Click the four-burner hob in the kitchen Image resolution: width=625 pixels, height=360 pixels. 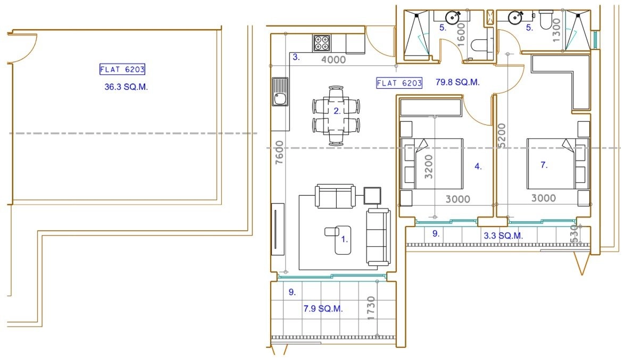click(x=321, y=43)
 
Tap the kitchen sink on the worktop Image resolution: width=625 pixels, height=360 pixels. click(x=280, y=91)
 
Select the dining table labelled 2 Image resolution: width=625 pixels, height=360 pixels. click(x=336, y=115)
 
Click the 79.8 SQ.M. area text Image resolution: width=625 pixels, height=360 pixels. click(x=457, y=82)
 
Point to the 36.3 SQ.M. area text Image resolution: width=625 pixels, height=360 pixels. click(x=126, y=87)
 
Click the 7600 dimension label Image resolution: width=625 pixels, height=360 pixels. click(x=279, y=152)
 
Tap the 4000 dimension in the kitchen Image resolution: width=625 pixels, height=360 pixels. click(x=333, y=60)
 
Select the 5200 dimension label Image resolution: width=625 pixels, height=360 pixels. click(x=501, y=136)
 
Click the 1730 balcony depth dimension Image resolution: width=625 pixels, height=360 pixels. click(x=371, y=308)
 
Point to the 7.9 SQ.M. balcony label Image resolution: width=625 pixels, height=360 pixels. click(x=323, y=308)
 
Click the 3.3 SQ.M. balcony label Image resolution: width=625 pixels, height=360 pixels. click(x=503, y=236)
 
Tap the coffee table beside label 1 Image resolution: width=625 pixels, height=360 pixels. click(x=343, y=240)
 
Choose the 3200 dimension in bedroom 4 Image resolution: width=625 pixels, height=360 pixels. click(x=429, y=166)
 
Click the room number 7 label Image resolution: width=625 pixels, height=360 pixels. click(x=544, y=165)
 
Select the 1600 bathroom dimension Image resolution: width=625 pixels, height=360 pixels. click(x=461, y=35)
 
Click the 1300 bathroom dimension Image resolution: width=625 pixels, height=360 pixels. click(x=556, y=30)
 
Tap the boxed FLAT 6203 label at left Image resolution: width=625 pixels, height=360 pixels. click(x=122, y=69)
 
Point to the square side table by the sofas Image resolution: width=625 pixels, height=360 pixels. click(x=372, y=196)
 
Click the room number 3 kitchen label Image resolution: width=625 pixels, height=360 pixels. click(x=296, y=57)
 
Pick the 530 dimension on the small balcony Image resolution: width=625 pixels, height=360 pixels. click(x=574, y=234)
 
